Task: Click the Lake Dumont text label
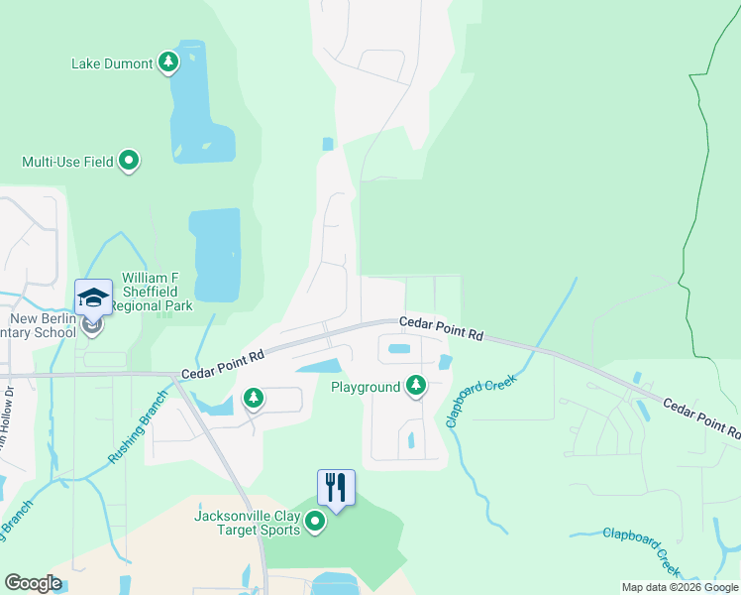pyautogui.click(x=112, y=63)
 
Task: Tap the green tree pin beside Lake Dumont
pyautogui.click(x=168, y=62)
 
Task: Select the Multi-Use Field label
pyautogui.click(x=67, y=161)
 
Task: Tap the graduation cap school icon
pyautogui.click(x=92, y=297)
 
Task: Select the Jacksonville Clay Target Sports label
pyautogui.click(x=247, y=523)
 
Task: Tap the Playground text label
pyautogui.click(x=366, y=386)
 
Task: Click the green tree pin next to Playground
pyautogui.click(x=416, y=385)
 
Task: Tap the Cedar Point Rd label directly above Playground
pyautogui.click(x=441, y=329)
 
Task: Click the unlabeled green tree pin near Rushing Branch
pyautogui.click(x=254, y=398)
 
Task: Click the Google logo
pyautogui.click(x=33, y=583)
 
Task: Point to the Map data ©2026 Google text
pyautogui.click(x=679, y=587)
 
